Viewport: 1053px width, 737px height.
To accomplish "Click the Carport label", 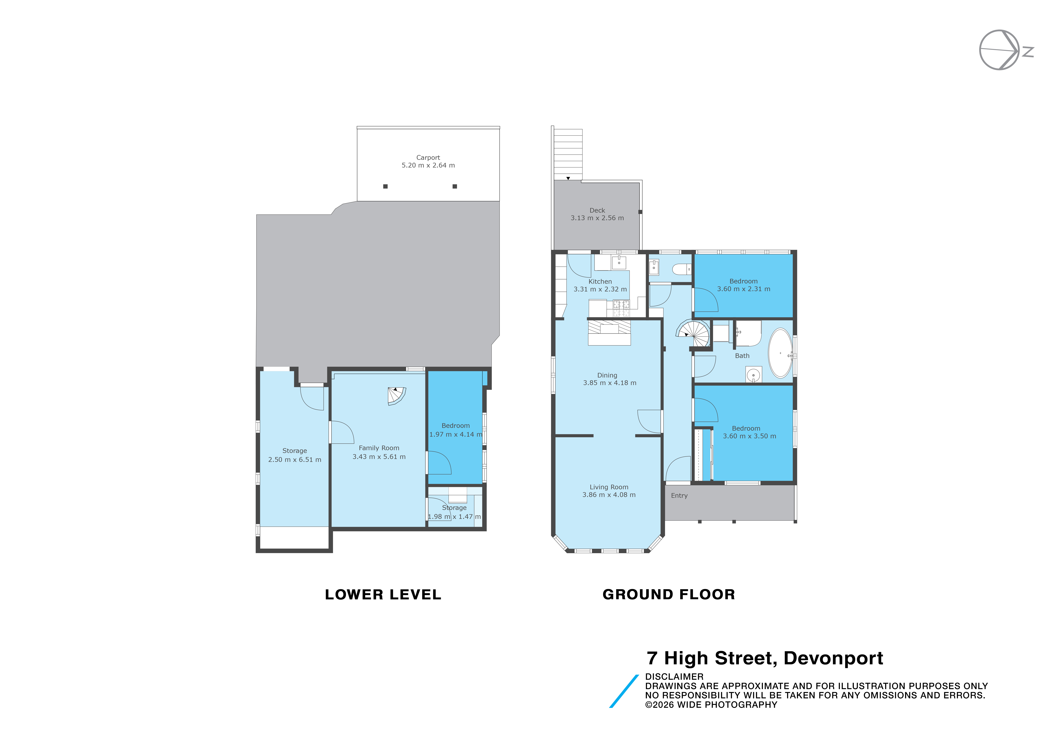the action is coord(428,157).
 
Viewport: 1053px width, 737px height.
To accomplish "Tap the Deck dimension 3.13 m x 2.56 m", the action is coord(597,218).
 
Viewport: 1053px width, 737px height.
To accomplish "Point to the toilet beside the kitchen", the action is coord(682,269).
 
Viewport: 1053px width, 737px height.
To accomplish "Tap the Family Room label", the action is coord(379,448).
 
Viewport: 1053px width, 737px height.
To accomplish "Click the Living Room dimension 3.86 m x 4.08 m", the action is coord(609,495).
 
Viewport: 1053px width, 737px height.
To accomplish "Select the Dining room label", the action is coord(607,375).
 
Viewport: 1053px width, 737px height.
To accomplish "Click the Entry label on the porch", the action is coord(679,496).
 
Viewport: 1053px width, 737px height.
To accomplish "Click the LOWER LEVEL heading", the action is coord(383,595).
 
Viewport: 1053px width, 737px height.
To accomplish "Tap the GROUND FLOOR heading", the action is coord(669,595).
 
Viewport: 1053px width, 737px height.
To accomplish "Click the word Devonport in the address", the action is coord(833,659).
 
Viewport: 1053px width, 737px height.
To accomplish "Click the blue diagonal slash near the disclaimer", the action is coord(624,691).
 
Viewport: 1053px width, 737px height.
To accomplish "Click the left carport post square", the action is coord(385,186).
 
